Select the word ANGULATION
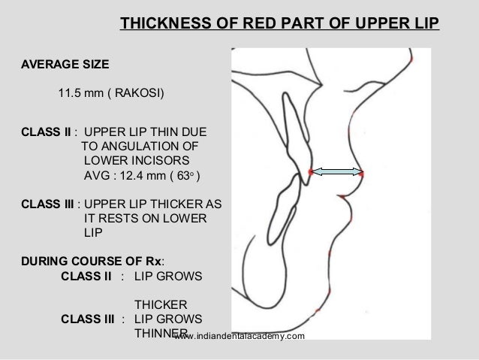pos(140,145)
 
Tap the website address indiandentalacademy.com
pos(239,339)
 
